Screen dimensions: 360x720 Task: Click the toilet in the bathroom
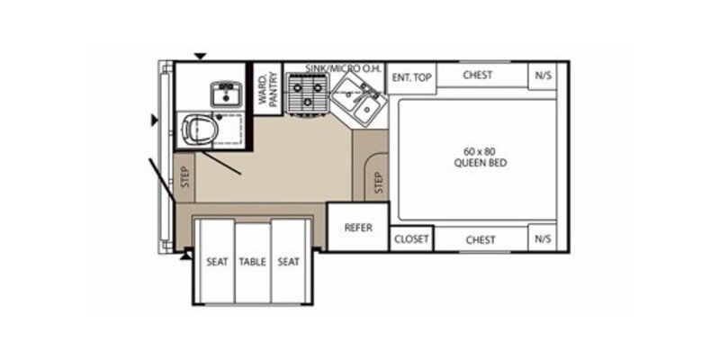pyautogui.click(x=199, y=130)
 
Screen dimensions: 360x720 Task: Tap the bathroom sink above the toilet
pyautogui.click(x=222, y=93)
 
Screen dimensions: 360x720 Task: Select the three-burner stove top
pyautogui.click(x=306, y=93)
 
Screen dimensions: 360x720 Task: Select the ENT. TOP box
pyautogui.click(x=411, y=77)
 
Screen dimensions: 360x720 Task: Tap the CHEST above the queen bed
pyautogui.click(x=478, y=76)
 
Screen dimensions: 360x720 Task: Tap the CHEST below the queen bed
pyautogui.click(x=480, y=240)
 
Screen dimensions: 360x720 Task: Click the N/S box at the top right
pyautogui.click(x=543, y=76)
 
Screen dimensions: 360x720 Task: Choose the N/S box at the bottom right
pyautogui.click(x=543, y=240)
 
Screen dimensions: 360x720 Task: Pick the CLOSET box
pyautogui.click(x=411, y=240)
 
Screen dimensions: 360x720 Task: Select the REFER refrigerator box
pyautogui.click(x=358, y=228)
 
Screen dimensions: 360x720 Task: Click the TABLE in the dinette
pyautogui.click(x=253, y=262)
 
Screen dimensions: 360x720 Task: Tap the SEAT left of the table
pyautogui.click(x=216, y=262)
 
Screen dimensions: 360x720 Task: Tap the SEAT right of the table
pyautogui.click(x=289, y=262)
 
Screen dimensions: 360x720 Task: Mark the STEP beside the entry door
pyautogui.click(x=185, y=177)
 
